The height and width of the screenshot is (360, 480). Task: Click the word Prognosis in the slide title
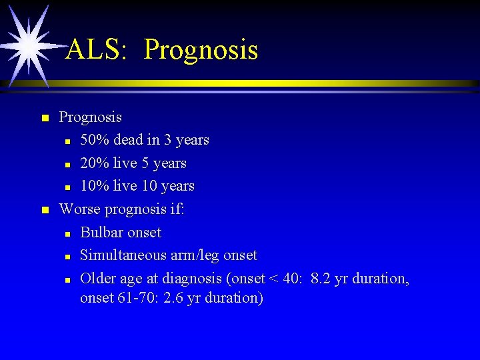coord(201,50)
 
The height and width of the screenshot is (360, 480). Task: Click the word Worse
coord(78,209)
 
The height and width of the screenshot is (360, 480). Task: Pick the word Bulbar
coord(101,233)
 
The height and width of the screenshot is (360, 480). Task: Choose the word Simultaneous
coord(124,255)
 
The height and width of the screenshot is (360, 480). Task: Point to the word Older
coord(97,279)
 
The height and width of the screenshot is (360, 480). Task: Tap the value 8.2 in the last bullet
coord(321,279)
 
